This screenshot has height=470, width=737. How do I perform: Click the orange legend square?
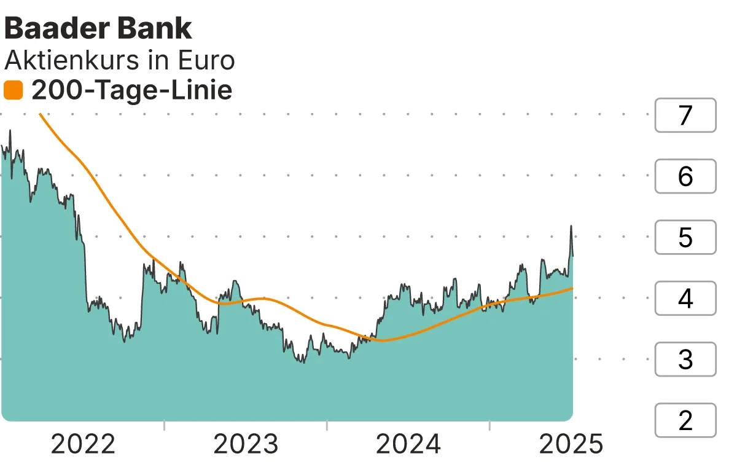click(13, 91)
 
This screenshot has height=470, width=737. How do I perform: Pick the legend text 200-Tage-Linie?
click(131, 91)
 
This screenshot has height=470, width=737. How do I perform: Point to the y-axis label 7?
click(685, 115)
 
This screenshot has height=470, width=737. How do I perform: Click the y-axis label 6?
click(685, 176)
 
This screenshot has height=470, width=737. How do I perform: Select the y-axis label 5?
click(685, 237)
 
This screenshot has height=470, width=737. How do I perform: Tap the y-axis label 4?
click(685, 299)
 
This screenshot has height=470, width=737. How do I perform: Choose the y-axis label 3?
click(685, 359)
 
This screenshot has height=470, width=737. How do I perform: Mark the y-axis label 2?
click(685, 420)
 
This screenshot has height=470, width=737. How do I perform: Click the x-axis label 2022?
click(83, 444)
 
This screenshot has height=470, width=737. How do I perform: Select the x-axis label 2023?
click(246, 444)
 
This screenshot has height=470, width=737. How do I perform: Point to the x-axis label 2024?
click(408, 444)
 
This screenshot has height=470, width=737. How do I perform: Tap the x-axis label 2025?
click(571, 444)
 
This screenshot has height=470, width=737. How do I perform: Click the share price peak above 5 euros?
click(571, 226)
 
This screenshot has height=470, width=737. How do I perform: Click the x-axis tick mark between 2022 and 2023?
click(165, 425)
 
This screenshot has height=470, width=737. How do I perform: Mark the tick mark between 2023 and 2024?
click(327, 425)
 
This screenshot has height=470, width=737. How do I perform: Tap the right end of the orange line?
click(572, 288)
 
